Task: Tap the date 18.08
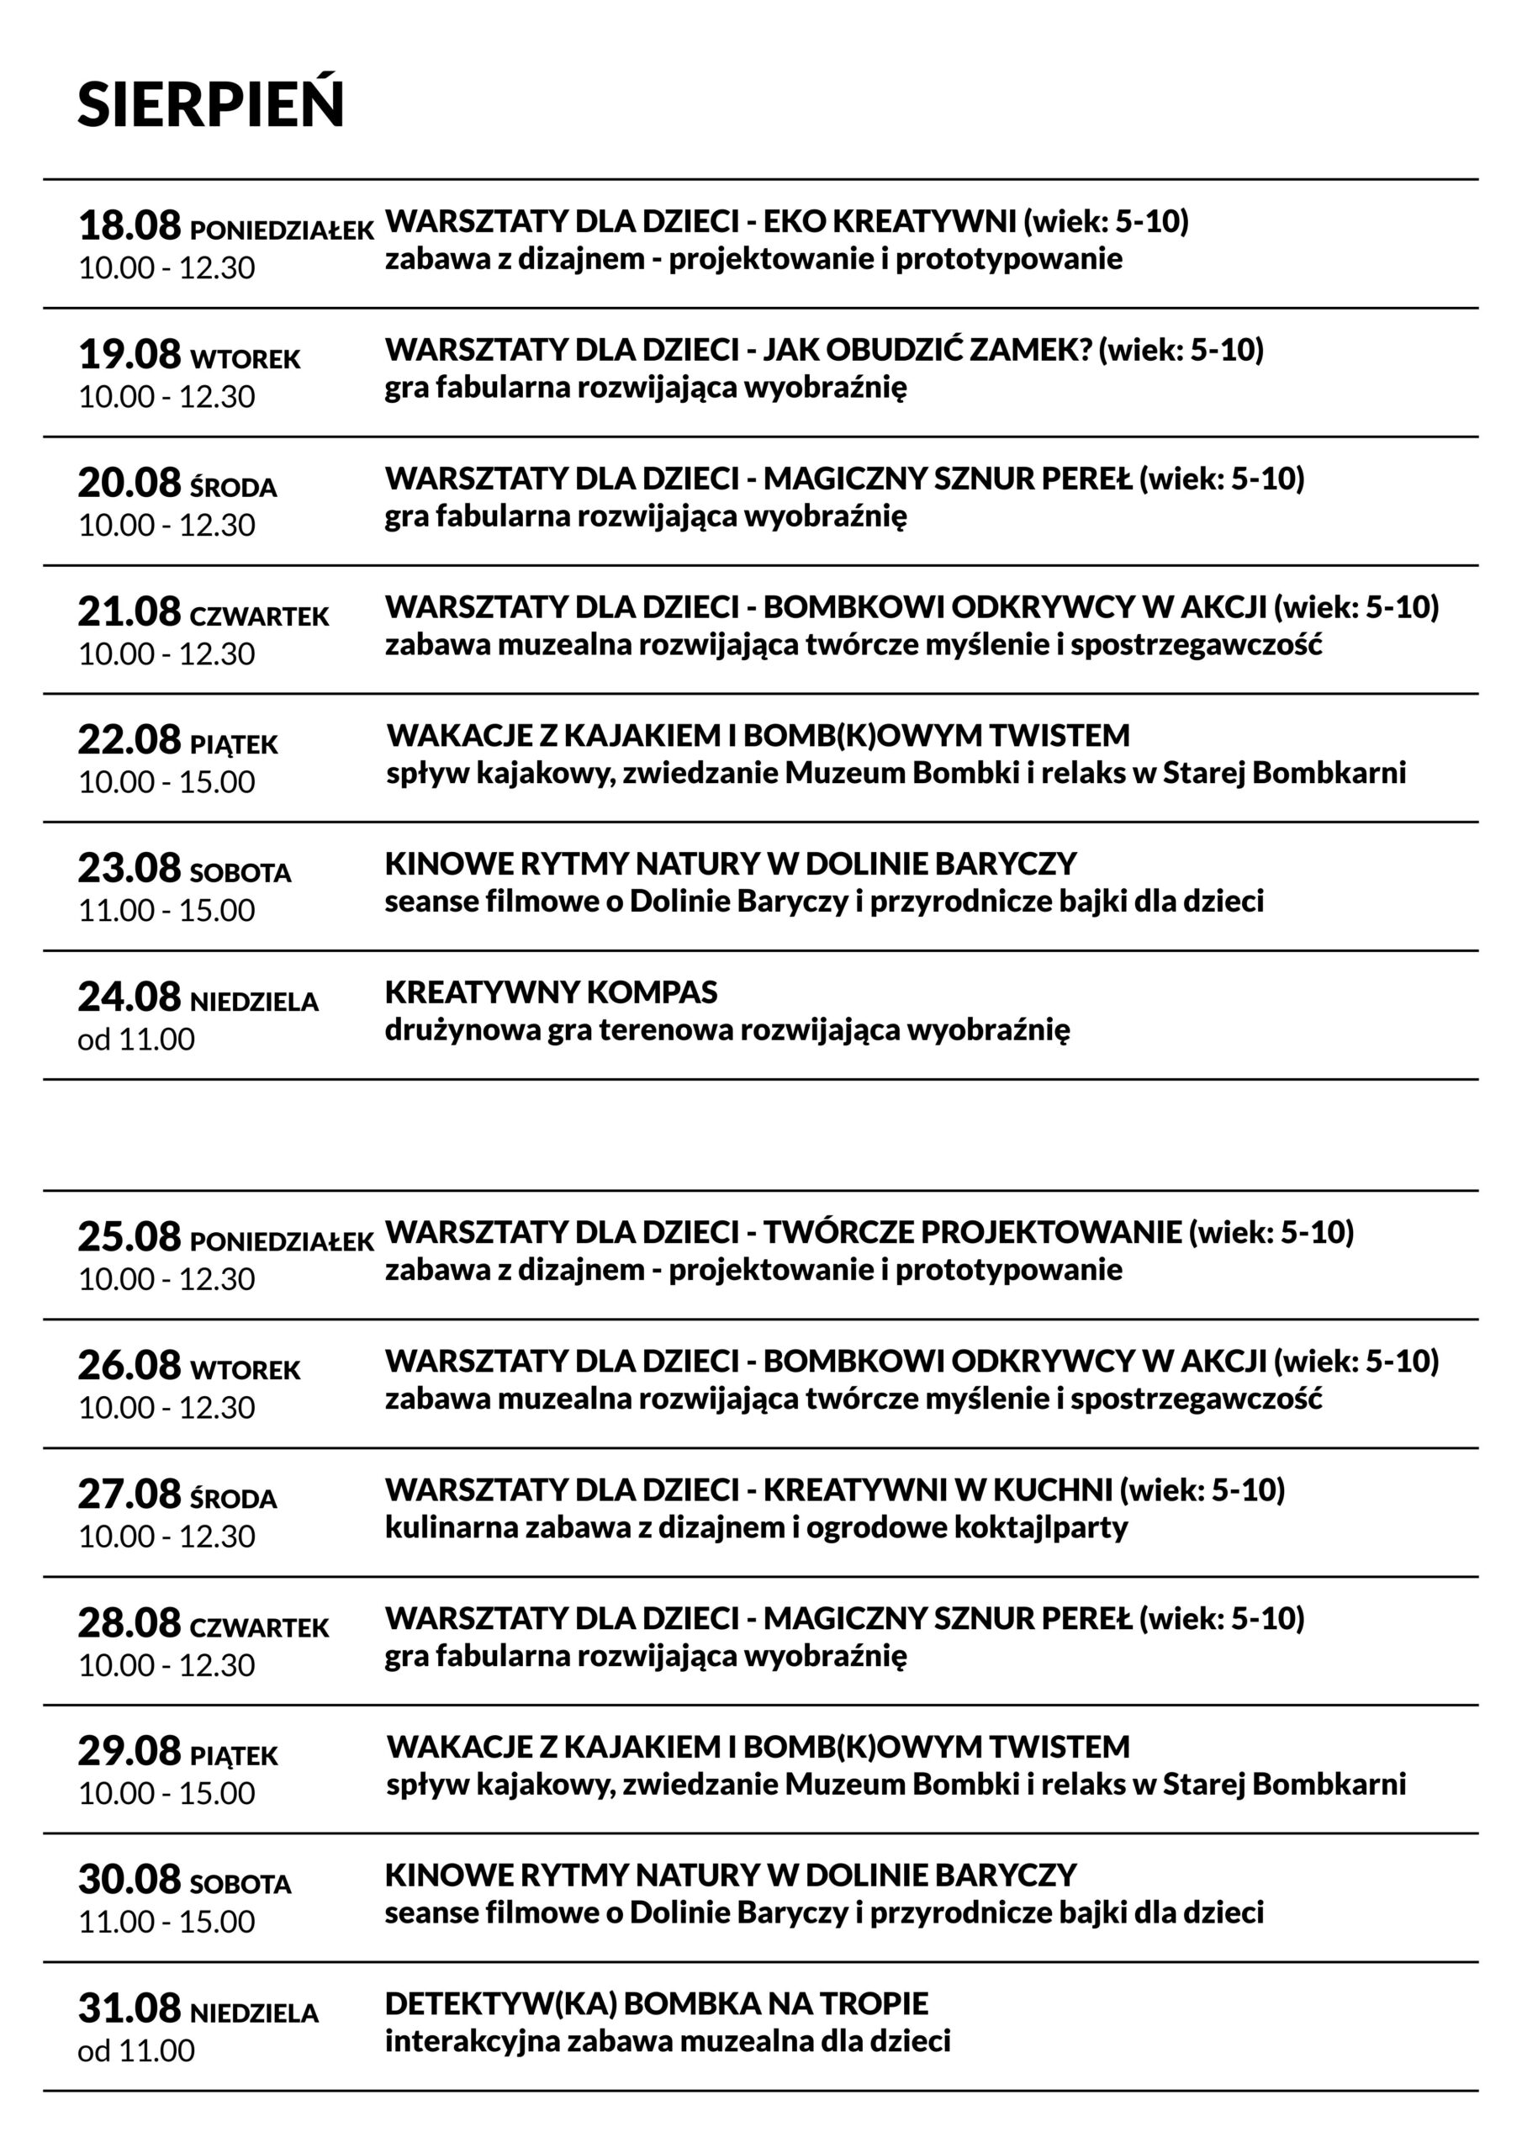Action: point(129,226)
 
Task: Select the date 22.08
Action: point(129,740)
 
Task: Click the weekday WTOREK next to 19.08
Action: point(245,359)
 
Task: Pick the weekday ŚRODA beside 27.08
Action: point(233,1500)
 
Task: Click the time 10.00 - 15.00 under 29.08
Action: point(166,1793)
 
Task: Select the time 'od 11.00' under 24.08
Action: point(136,1039)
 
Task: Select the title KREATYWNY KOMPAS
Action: point(551,992)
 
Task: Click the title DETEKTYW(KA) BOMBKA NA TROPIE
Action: point(656,2004)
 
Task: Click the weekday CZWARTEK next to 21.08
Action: point(259,616)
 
